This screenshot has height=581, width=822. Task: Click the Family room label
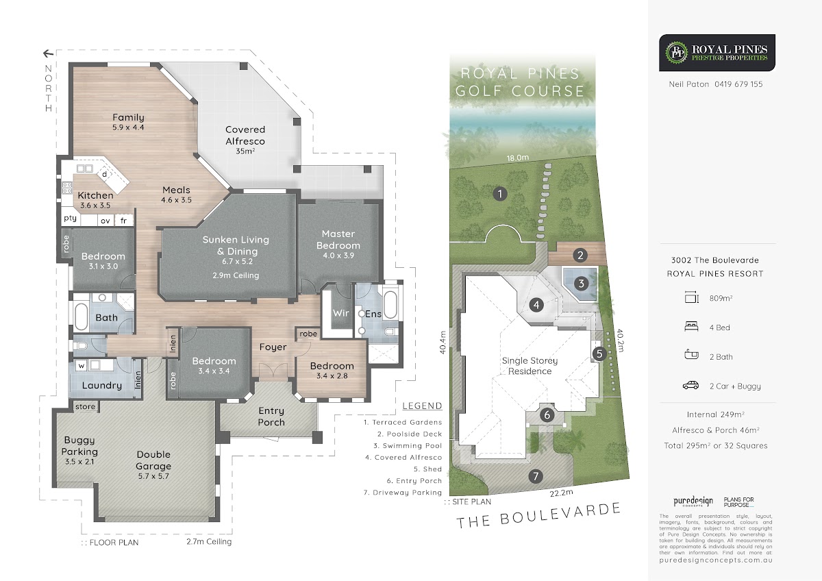128,117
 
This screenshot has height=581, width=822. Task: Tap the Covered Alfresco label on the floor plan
245,136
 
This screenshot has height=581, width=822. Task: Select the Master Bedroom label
338,240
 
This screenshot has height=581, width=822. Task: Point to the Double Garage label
153,460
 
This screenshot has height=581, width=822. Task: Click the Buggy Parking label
79,445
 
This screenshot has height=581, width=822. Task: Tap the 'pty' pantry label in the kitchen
70,219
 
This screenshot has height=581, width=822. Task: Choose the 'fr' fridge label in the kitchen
123,221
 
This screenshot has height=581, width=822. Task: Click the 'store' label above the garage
85,407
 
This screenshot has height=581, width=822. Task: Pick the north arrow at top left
48,53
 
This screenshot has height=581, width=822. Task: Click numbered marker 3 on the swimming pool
582,284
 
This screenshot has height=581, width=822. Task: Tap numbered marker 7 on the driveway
536,476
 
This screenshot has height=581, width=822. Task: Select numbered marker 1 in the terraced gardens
500,194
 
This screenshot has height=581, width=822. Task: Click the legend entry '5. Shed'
427,469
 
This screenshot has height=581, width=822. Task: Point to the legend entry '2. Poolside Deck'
410,434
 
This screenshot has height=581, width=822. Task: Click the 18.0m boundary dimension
518,158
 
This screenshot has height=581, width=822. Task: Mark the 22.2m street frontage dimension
561,493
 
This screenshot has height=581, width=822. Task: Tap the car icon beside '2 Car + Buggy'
690,385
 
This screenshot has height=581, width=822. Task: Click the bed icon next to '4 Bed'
691,326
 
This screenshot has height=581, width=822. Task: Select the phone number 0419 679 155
738,84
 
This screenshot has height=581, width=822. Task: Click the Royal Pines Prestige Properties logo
717,53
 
